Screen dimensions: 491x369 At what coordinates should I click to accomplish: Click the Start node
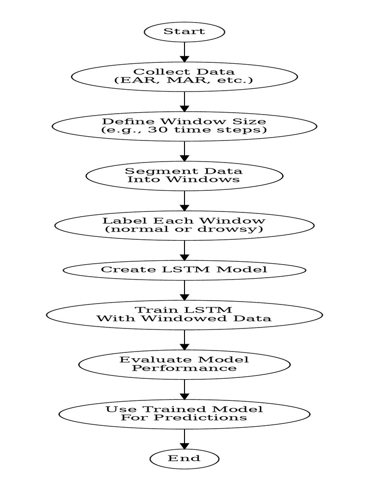[184, 32]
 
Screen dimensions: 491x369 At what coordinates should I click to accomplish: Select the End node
[184, 458]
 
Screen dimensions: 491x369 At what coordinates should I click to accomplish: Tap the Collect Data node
[184, 76]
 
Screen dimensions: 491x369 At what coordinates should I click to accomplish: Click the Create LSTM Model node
[184, 269]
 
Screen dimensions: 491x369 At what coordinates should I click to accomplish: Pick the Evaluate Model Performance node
[184, 364]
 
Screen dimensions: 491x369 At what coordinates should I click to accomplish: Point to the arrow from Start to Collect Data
[184, 52]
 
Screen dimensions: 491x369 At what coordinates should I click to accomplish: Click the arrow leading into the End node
[184, 439]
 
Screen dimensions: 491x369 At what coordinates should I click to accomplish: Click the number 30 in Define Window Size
[155, 130]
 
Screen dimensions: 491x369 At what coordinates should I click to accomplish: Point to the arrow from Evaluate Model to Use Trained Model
[184, 389]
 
